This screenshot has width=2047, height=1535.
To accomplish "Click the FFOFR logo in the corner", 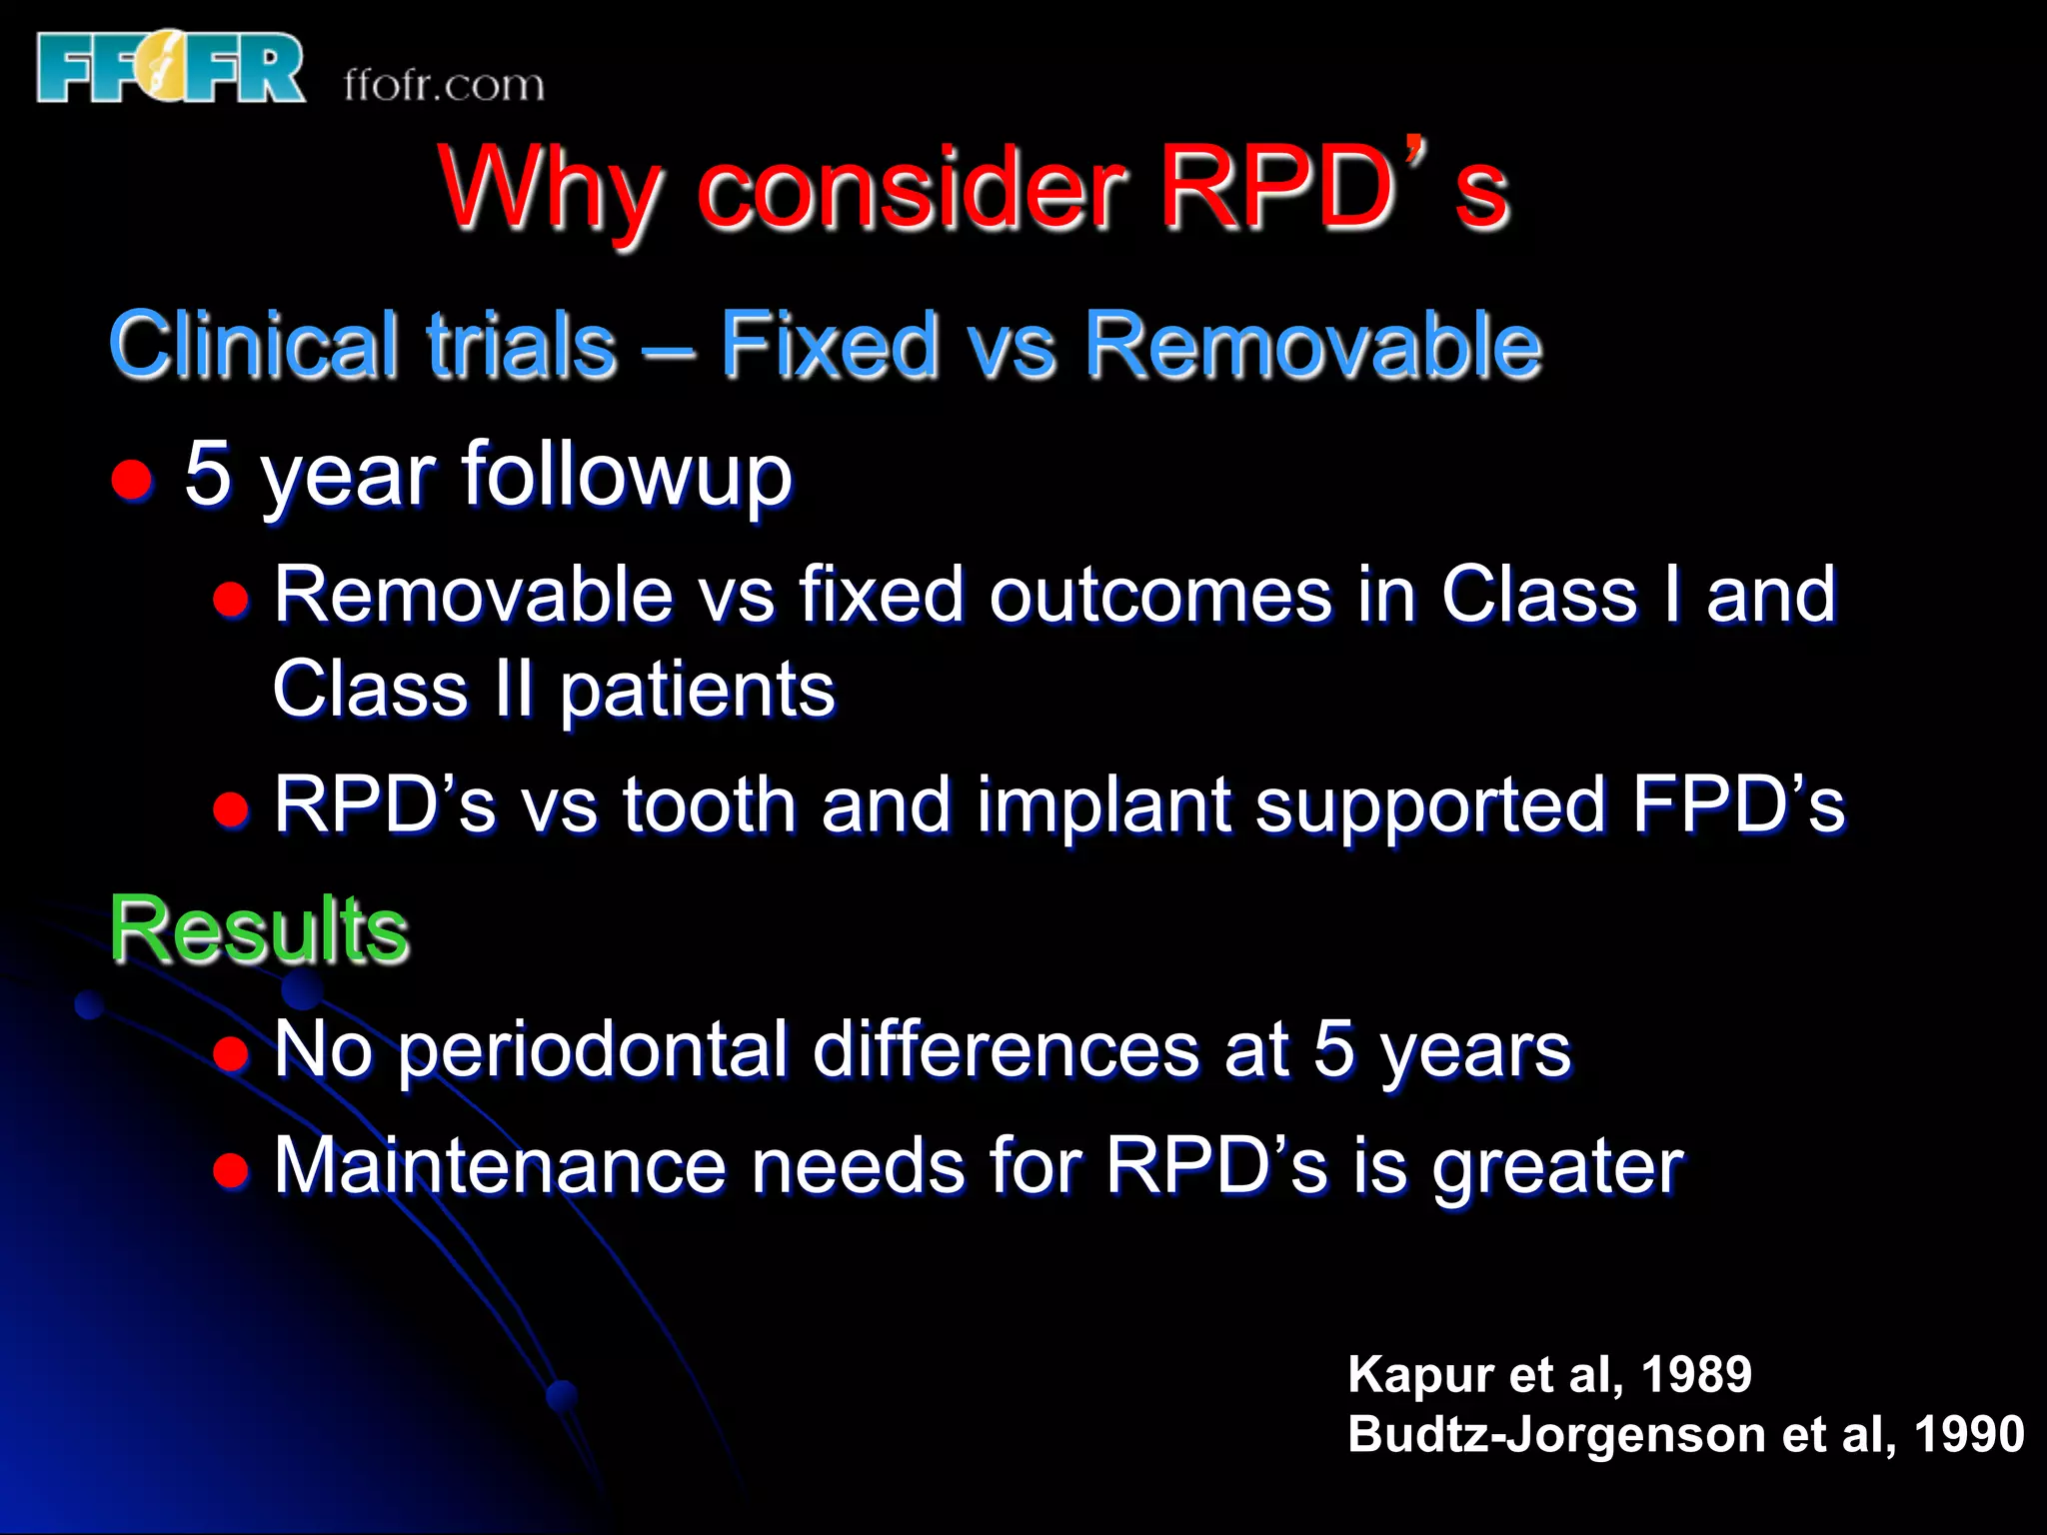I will [170, 68].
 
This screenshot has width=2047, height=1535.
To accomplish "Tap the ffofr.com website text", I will [444, 85].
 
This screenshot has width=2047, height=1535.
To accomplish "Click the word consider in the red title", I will [912, 190].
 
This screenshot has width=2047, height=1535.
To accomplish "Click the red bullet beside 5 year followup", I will [131, 480].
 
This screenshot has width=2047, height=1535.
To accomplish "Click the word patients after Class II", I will [697, 692].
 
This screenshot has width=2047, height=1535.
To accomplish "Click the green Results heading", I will [259, 930].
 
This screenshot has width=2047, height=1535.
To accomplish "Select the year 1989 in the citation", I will [1696, 1374].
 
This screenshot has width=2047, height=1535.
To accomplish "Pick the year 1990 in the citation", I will [1968, 1434].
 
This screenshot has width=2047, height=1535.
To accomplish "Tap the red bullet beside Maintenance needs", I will [231, 1169].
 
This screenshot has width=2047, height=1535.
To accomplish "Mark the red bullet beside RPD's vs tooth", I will [231, 808].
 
